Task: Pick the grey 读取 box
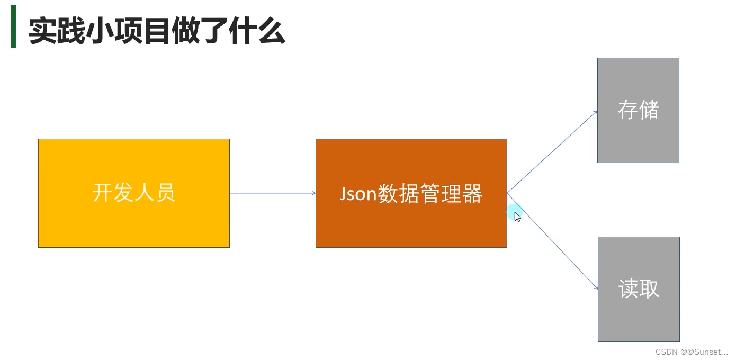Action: (x=639, y=318)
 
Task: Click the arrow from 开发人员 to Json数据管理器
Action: (x=272, y=193)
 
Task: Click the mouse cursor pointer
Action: (x=517, y=216)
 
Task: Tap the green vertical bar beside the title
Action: (x=13, y=26)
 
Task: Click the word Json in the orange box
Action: (x=357, y=194)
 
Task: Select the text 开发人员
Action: (x=133, y=192)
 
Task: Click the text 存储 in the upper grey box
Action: (x=638, y=110)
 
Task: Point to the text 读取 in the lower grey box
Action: (x=639, y=289)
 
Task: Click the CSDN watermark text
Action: (x=667, y=352)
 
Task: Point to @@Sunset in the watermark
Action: (x=705, y=352)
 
